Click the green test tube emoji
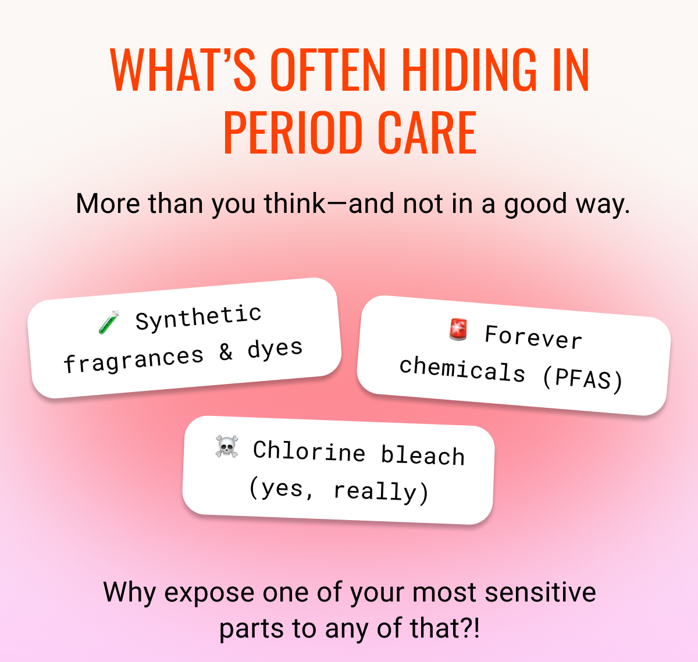click(109, 322)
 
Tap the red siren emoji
click(458, 330)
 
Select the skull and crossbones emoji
click(227, 447)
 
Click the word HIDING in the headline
click(469, 70)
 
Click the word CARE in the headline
click(427, 132)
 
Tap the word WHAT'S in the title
click(183, 70)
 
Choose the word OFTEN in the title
click(328, 70)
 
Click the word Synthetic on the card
click(198, 317)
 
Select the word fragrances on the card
click(134, 360)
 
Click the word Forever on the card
click(533, 337)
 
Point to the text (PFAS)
click(583, 379)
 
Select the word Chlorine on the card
click(309, 451)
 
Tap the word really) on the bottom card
click(382, 492)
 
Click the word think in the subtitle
click(294, 204)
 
